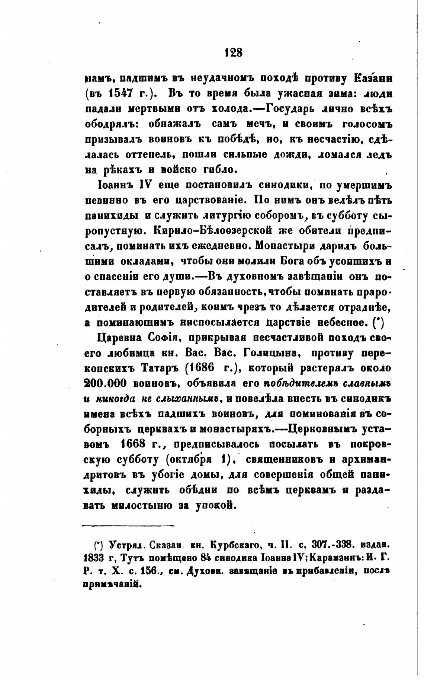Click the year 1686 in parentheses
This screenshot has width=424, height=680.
click(207, 368)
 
